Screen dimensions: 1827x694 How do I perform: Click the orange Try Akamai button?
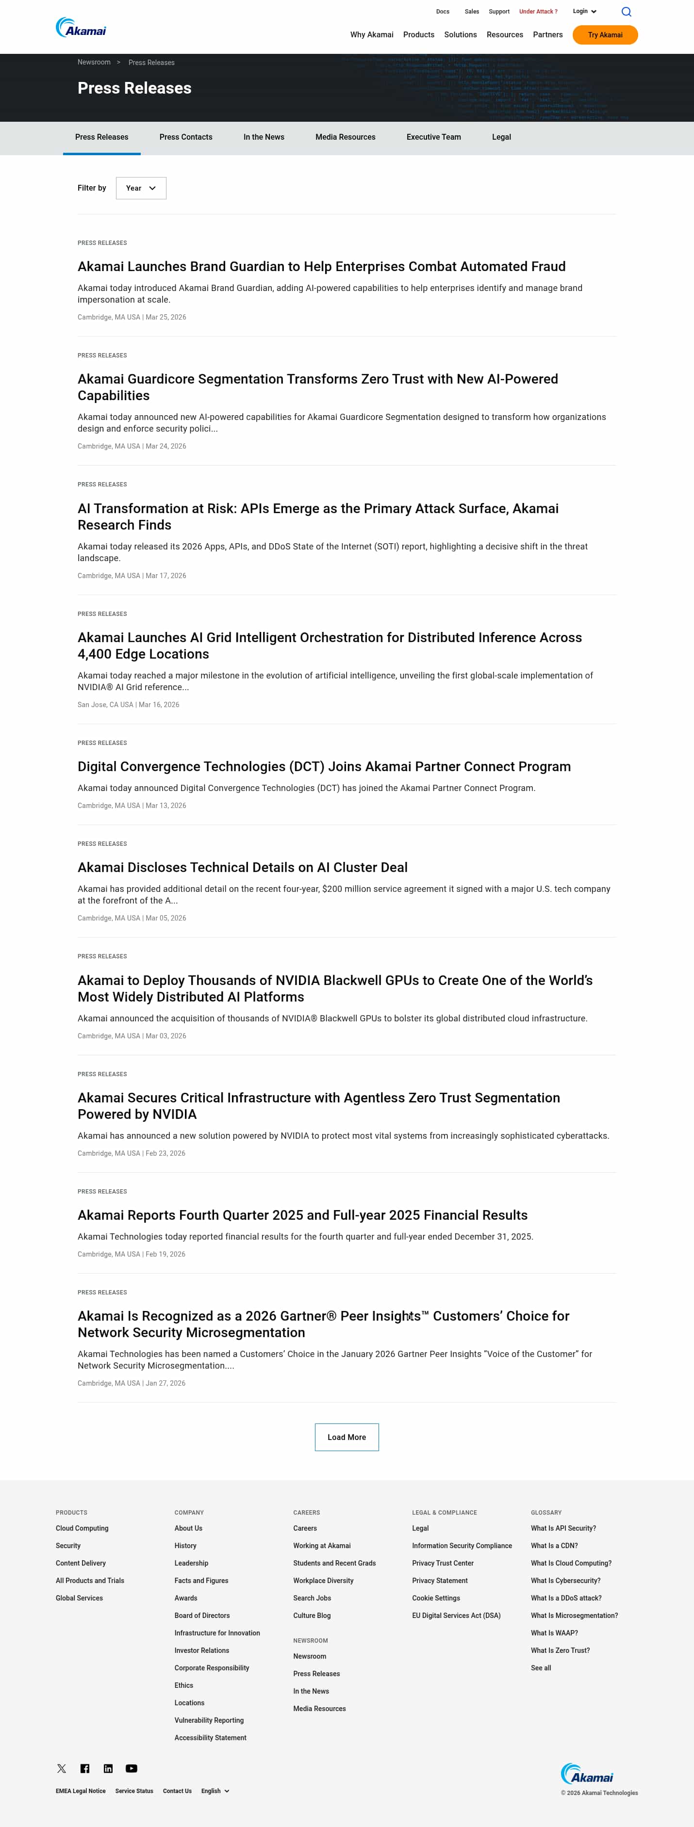(605, 35)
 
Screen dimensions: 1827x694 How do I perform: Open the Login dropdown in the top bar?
(584, 11)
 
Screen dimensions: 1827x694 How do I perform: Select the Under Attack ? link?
(538, 11)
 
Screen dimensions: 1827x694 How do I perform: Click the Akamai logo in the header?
(81, 28)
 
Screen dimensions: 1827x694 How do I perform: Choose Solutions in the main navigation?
(460, 35)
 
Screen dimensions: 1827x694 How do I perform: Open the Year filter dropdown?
(141, 188)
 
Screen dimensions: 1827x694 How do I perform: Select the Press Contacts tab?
(186, 137)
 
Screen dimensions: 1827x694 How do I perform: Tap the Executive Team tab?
(433, 137)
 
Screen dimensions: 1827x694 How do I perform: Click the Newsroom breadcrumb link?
(94, 63)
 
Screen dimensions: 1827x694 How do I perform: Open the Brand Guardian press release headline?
(321, 267)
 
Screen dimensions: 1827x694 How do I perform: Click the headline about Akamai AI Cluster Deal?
(242, 867)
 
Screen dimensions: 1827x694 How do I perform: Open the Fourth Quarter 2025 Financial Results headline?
(302, 1215)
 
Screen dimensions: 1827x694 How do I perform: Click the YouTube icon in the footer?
(132, 1768)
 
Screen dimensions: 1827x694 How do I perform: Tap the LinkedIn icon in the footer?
(108, 1768)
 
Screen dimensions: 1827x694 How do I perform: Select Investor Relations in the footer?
(201, 1650)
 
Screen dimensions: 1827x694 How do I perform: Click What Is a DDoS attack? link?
(565, 1598)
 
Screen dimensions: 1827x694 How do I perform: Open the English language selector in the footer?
(215, 1791)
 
